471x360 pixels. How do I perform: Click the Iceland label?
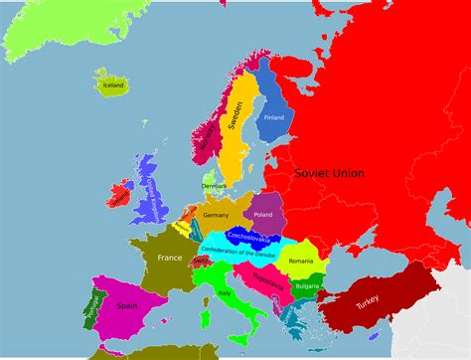(x=113, y=86)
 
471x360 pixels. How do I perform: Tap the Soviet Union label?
(x=329, y=173)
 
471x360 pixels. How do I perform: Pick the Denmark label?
(x=215, y=186)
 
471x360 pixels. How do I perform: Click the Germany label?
(x=216, y=214)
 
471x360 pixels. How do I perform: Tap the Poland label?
(x=263, y=214)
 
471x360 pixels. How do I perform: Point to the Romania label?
(x=301, y=261)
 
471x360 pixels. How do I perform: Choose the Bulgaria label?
(x=308, y=286)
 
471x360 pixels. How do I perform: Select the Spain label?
(x=128, y=306)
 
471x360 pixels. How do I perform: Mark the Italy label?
(x=225, y=293)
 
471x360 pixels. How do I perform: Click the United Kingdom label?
(x=149, y=197)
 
